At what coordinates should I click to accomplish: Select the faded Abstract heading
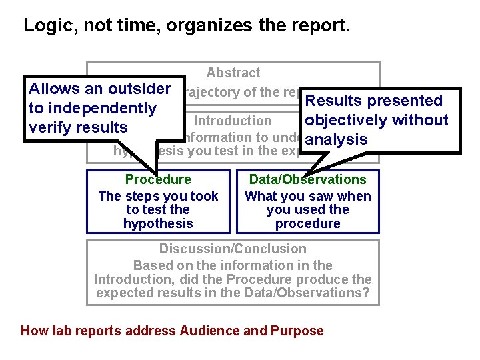(x=233, y=73)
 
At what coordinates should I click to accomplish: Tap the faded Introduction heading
(x=233, y=121)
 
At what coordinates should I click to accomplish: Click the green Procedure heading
(x=158, y=179)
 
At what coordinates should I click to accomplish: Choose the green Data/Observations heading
(x=307, y=179)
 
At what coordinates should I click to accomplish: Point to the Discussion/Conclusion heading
(x=233, y=249)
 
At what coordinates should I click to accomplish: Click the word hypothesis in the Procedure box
(x=158, y=223)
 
